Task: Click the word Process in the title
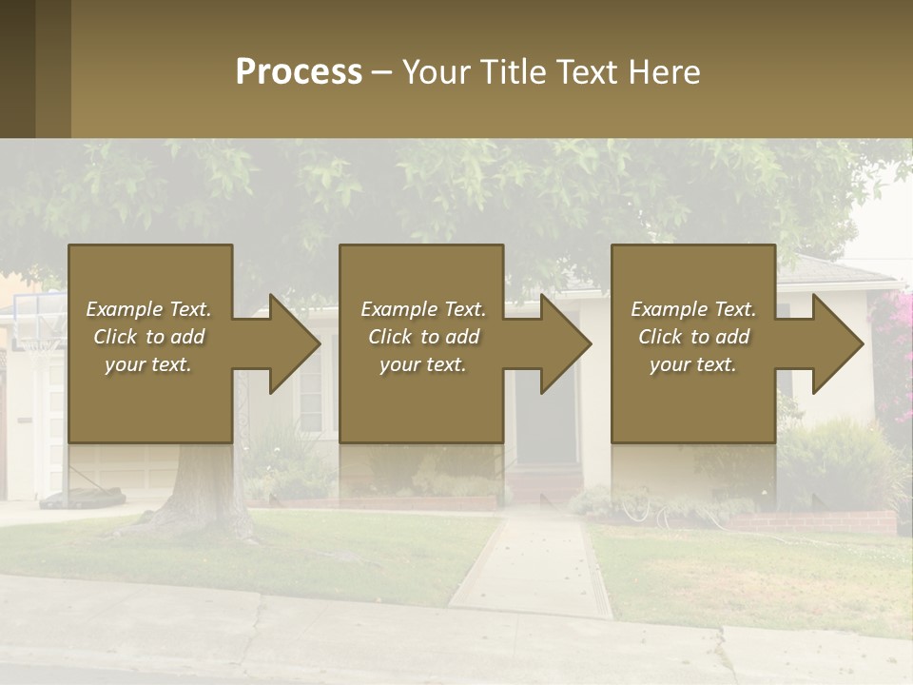click(x=299, y=72)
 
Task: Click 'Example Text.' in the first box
click(x=148, y=309)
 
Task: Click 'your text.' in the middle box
click(x=422, y=364)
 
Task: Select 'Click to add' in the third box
click(x=693, y=337)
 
